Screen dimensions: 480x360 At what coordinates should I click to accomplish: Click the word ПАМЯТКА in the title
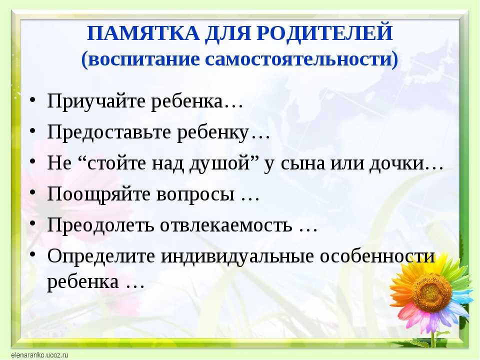[x=143, y=33]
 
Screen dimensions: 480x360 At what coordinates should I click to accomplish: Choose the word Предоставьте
[x=109, y=132]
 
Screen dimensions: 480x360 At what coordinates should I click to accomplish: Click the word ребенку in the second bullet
[x=213, y=132]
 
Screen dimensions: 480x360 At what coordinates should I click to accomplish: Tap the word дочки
[x=396, y=163]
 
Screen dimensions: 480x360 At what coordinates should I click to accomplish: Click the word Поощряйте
[x=98, y=194]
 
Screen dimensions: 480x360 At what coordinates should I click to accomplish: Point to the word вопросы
[x=195, y=195]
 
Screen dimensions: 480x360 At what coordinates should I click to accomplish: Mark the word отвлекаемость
[x=226, y=225]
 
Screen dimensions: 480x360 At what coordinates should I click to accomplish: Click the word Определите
[x=101, y=256]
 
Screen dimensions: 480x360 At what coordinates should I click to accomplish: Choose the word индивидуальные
[x=237, y=256]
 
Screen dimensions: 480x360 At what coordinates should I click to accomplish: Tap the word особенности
[x=377, y=256]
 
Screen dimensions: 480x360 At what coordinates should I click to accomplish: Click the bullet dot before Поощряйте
[x=33, y=192]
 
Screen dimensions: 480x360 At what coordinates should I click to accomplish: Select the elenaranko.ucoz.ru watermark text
[x=39, y=355]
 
